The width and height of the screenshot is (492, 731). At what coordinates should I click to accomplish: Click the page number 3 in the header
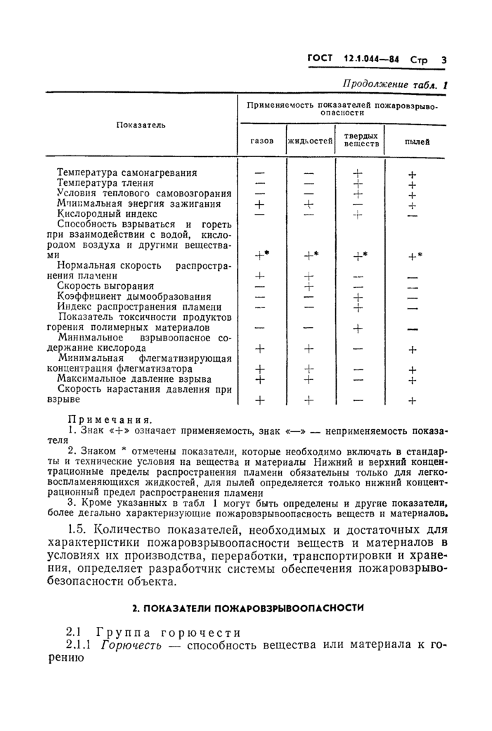444,61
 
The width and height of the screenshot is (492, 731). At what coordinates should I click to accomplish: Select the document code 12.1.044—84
372,61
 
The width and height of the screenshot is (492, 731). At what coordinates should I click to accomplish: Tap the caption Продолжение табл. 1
394,84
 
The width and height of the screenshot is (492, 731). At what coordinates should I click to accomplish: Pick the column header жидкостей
310,141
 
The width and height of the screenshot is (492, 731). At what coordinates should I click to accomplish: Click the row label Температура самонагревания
127,172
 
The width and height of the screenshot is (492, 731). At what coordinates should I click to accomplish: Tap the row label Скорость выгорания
105,286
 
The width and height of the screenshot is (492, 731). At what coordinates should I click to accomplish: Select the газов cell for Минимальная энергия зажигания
260,204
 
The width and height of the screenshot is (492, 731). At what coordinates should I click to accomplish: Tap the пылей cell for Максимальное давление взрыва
413,380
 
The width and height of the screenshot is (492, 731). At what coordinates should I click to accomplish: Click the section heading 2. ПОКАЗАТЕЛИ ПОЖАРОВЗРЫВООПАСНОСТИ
249,606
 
